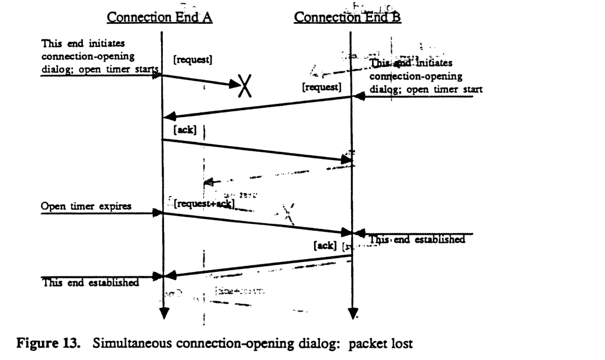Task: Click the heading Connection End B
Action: click(x=348, y=18)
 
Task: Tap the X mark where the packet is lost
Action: click(x=247, y=87)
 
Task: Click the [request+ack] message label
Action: click(x=203, y=204)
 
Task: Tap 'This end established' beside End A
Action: click(x=90, y=283)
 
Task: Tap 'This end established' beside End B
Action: click(x=417, y=239)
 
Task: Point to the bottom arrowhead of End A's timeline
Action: click(x=163, y=314)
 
